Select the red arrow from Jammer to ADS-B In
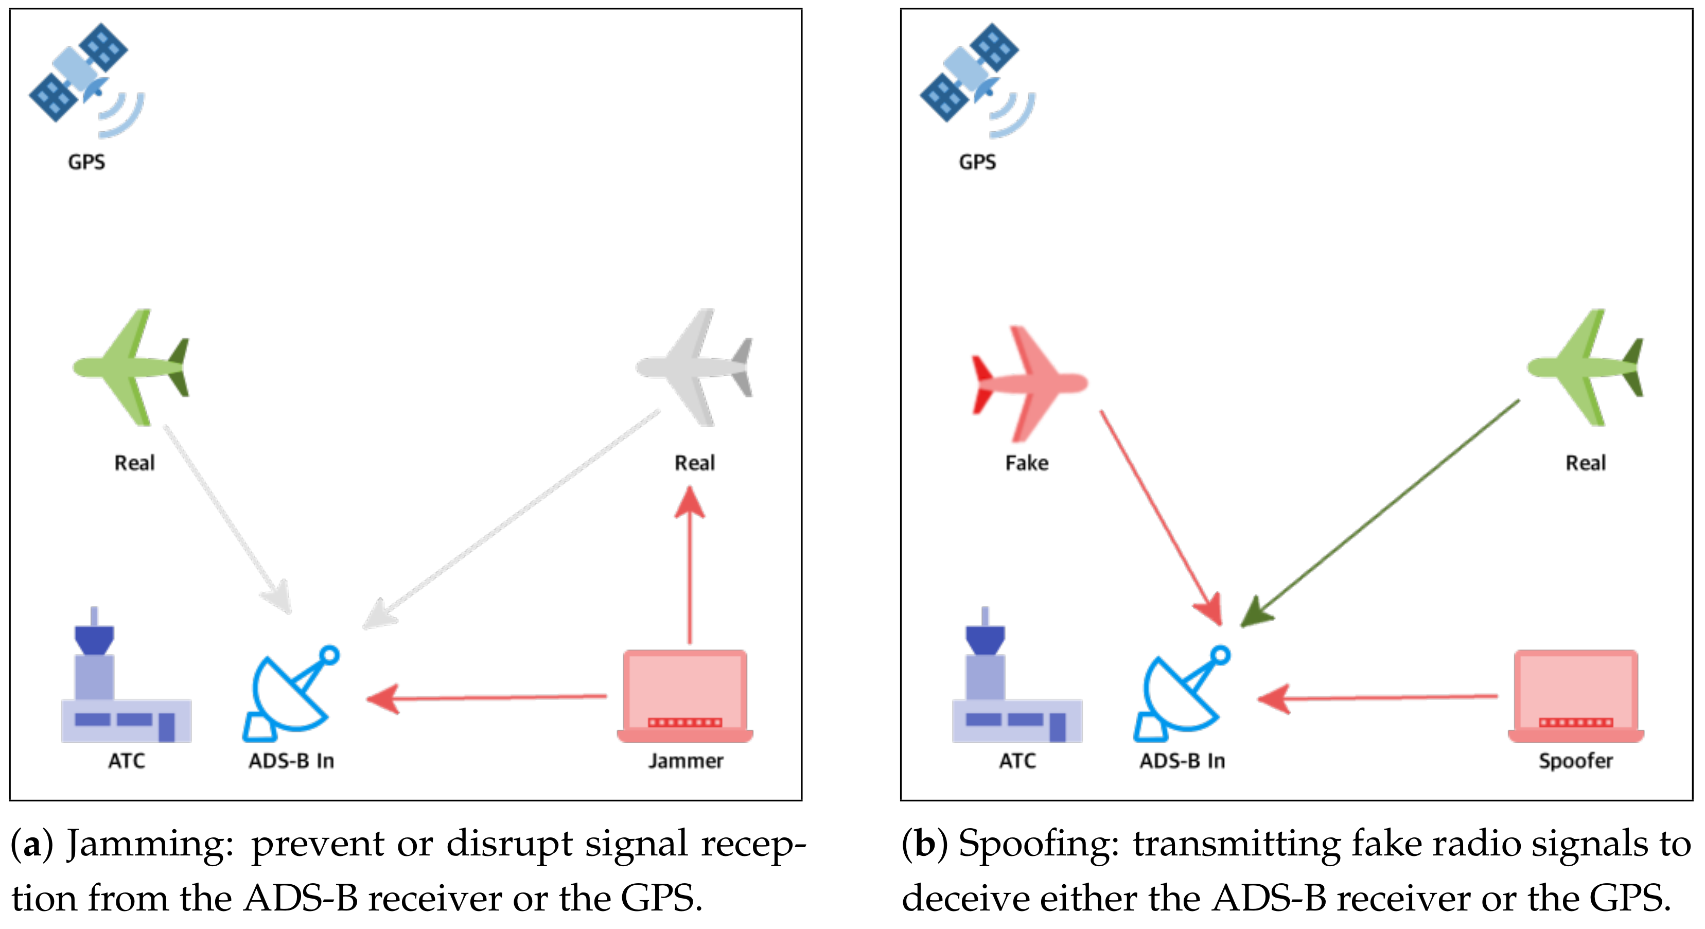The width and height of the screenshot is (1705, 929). pyautogui.click(x=486, y=698)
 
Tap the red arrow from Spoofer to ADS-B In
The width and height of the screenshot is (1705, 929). pyautogui.click(x=1377, y=698)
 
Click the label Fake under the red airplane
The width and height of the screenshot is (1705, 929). pyautogui.click(x=1027, y=463)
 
